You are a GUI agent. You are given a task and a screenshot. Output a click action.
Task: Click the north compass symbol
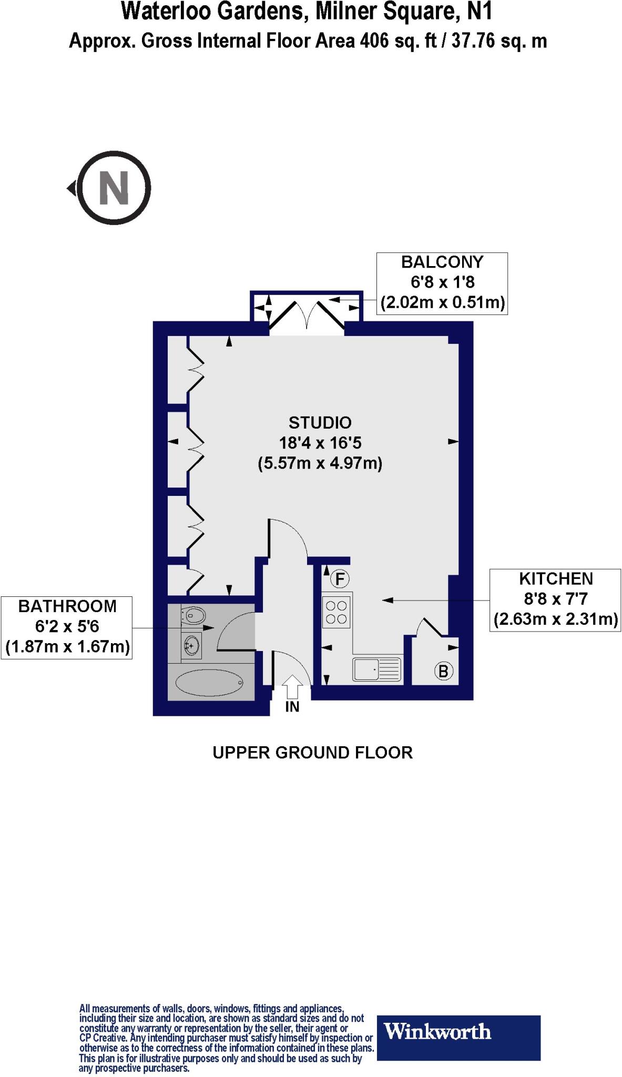(x=114, y=188)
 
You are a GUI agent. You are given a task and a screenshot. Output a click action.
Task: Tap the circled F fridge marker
(x=340, y=580)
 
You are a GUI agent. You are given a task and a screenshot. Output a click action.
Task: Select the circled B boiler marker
(x=443, y=671)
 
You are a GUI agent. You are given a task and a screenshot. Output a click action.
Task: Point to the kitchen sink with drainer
(x=377, y=670)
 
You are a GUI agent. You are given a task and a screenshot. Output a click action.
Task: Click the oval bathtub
(x=209, y=683)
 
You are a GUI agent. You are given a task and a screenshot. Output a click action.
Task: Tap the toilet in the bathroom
(x=192, y=614)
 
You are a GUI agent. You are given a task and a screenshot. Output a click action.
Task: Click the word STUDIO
(x=320, y=423)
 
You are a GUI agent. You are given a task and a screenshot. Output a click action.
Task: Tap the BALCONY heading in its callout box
(x=442, y=262)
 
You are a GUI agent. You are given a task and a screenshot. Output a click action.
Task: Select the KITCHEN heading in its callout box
(x=556, y=579)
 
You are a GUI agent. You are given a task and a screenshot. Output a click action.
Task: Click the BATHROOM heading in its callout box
(x=67, y=606)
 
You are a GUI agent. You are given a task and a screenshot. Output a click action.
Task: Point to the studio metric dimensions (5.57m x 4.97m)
(x=320, y=464)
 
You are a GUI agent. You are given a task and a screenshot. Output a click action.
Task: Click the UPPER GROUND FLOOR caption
(x=312, y=753)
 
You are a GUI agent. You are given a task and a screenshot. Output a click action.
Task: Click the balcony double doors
(x=307, y=316)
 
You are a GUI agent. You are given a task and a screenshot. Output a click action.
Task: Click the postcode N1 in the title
(x=480, y=12)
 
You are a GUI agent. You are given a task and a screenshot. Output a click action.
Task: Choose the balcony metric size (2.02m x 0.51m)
(x=442, y=303)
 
